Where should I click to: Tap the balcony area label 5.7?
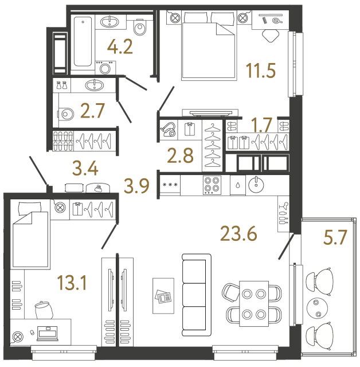335,237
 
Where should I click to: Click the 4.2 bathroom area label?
121,46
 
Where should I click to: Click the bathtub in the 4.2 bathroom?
84,43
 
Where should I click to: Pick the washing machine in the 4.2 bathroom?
104,68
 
